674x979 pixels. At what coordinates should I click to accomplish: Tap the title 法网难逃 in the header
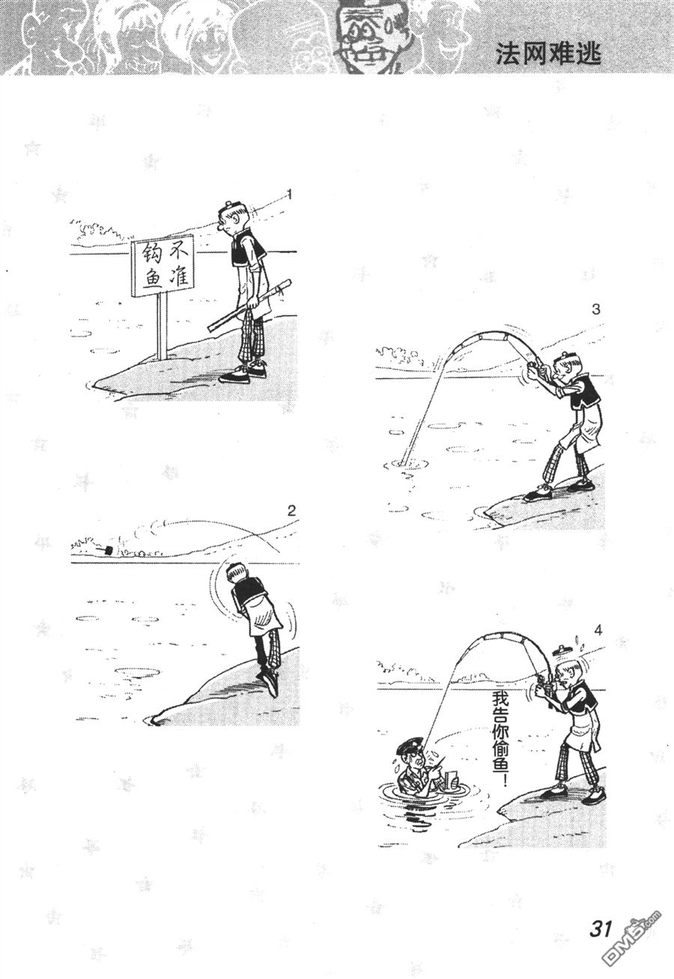[x=548, y=55]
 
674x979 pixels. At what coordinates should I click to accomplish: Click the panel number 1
[x=289, y=195]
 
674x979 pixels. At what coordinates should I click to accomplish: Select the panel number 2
[x=292, y=510]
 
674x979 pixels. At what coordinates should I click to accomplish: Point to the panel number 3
[x=596, y=309]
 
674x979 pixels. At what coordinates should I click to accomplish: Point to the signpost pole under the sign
[x=163, y=325]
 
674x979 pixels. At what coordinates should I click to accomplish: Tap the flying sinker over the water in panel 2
[x=107, y=549]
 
